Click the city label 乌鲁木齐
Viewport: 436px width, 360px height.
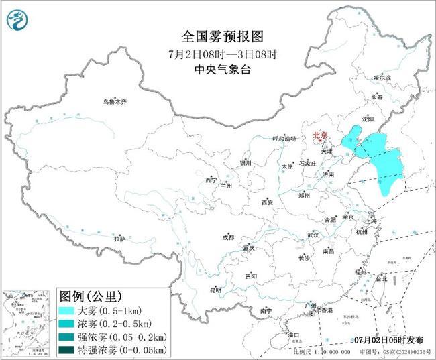coord(115,102)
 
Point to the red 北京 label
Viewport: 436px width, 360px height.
coord(320,137)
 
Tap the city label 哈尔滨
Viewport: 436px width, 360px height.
coord(382,78)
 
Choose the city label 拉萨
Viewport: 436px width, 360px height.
coord(119,238)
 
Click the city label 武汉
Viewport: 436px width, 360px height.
coord(313,235)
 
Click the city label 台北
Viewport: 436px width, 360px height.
coord(381,278)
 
